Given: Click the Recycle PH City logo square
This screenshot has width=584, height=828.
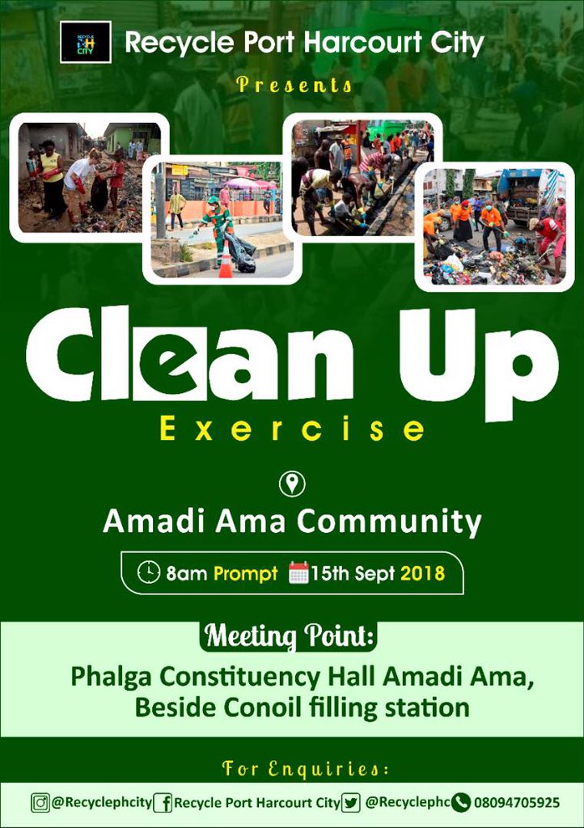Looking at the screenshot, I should pos(85,42).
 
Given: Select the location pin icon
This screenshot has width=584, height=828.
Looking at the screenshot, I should pos(292,484).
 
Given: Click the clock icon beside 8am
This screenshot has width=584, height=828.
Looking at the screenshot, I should pos(149,572).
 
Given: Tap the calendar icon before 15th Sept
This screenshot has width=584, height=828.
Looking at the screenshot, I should pos(298,573).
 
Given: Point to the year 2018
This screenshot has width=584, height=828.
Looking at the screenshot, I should pos(423,573).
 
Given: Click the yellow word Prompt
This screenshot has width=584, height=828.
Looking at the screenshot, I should pos(245,573).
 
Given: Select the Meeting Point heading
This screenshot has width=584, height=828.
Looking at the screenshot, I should pos(290,636).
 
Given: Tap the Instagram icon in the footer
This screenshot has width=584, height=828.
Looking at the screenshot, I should pos(40,803).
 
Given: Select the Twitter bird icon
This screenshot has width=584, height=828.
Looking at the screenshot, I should pos(350,803).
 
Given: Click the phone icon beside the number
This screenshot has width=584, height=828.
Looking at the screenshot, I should pos(462,803).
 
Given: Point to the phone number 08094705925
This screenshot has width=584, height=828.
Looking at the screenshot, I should pos(517,803).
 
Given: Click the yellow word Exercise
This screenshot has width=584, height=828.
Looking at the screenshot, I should pos(292,429).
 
